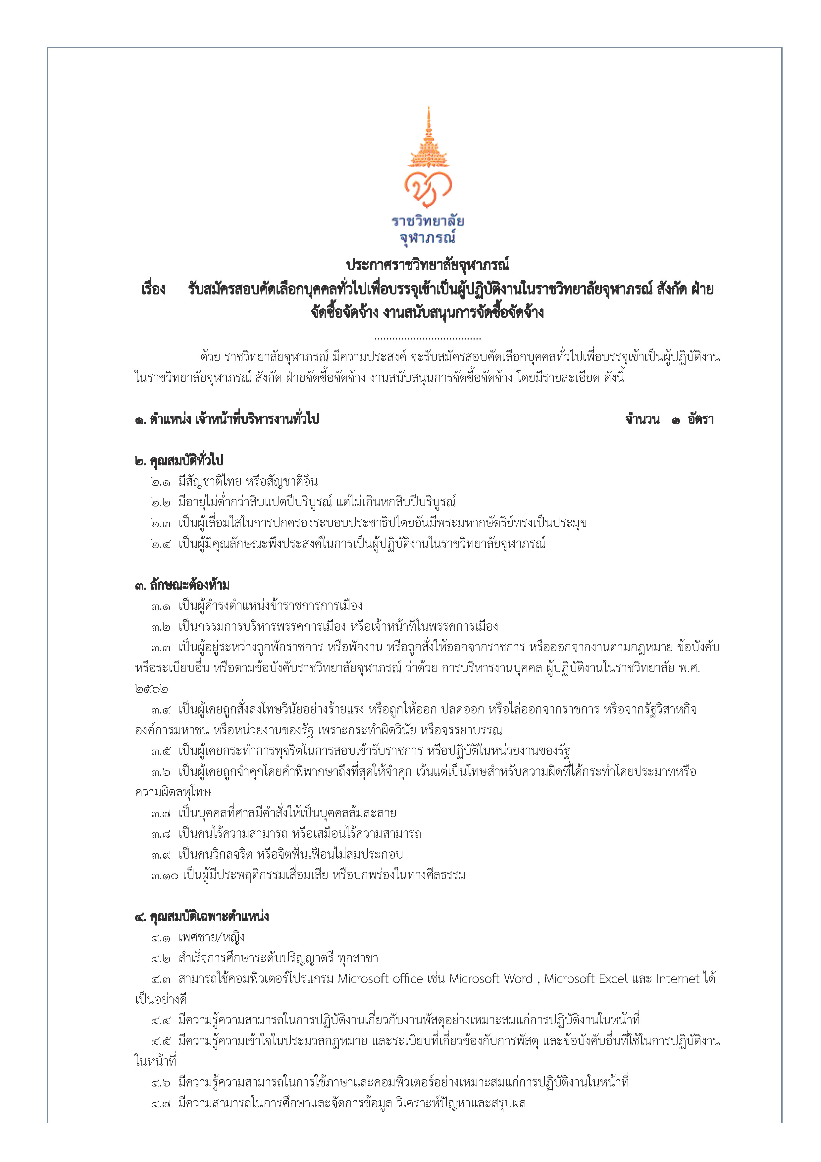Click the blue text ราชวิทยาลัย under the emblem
[428, 221]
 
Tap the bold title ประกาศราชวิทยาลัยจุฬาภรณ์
[428, 265]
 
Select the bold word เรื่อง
[153, 290]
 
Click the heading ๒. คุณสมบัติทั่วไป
[179, 461]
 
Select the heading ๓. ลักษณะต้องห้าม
[182, 586]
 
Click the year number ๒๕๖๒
[151, 689]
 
